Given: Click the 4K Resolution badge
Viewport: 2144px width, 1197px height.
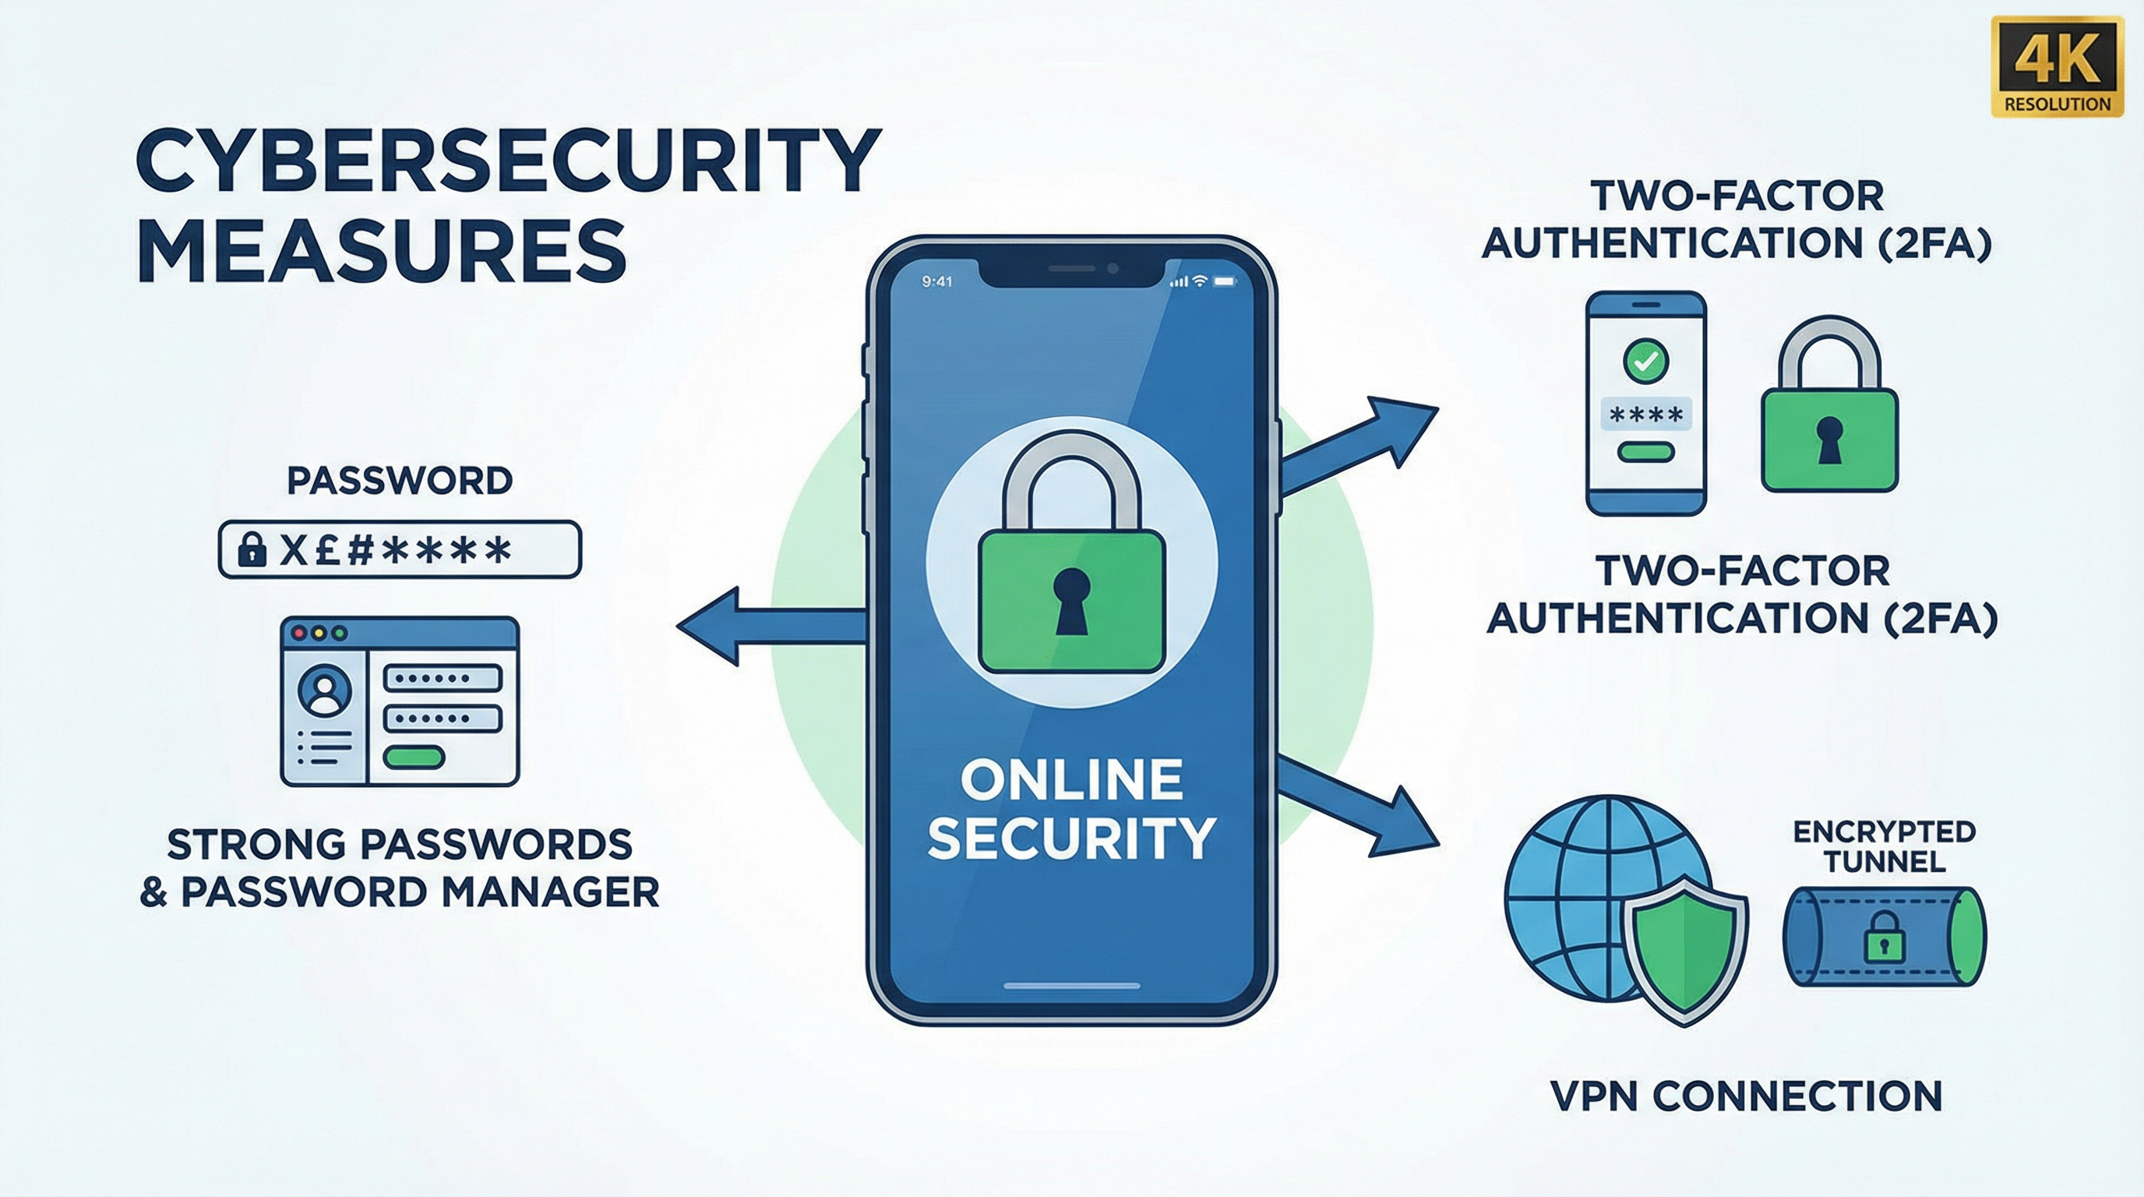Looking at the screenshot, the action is (x=2057, y=66).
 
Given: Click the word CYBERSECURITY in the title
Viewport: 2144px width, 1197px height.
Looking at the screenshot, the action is (x=508, y=160).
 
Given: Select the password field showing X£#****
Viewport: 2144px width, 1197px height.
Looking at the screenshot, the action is (x=400, y=549).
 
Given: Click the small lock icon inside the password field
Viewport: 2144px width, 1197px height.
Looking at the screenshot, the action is (x=252, y=550).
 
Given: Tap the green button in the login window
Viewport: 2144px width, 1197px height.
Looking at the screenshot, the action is (x=414, y=757).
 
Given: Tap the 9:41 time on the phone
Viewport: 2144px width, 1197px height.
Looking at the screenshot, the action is (x=937, y=282).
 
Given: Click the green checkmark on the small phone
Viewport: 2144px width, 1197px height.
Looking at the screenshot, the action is (x=1645, y=362).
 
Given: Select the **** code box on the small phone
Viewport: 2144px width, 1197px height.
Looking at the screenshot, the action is (x=1646, y=414).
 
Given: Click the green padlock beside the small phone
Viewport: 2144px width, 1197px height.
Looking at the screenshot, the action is (x=1829, y=404).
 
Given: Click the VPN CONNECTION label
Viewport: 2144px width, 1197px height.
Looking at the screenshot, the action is (x=1747, y=1096).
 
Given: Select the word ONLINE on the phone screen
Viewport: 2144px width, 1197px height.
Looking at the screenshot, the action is (x=1072, y=780).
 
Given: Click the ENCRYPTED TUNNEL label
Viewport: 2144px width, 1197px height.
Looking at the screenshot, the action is (x=1885, y=846).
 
